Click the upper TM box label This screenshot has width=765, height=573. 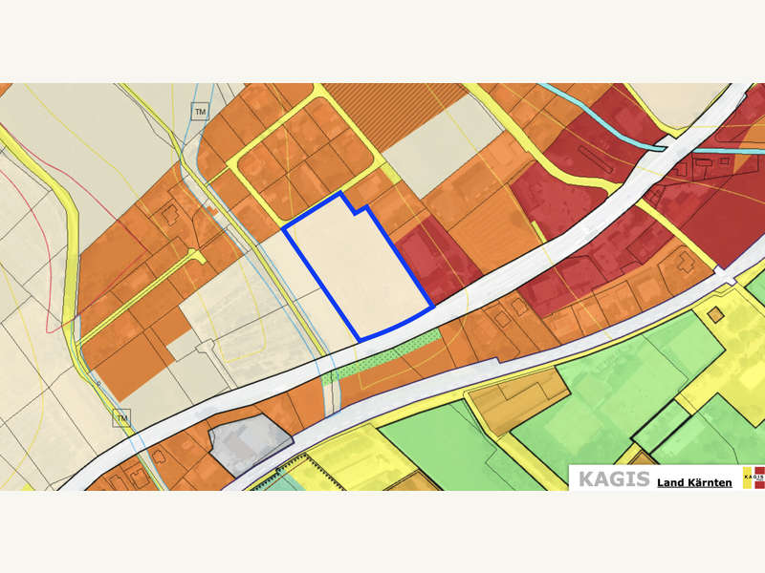[200, 112]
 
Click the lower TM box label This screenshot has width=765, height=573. [121, 418]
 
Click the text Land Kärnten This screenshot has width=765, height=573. [694, 482]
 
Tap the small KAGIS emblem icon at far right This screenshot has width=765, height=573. [754, 477]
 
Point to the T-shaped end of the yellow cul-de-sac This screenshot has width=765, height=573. [198, 256]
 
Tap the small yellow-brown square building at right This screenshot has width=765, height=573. [715, 314]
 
